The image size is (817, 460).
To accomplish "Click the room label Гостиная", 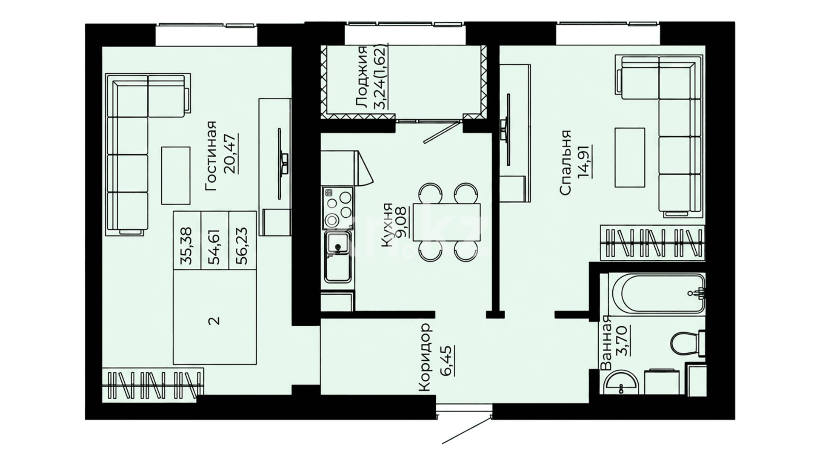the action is pos(211,155).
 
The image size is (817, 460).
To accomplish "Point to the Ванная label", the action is pos(605,343).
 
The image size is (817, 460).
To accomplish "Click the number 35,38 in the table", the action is pos(186,246).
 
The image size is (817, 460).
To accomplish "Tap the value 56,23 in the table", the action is pos(243,246).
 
